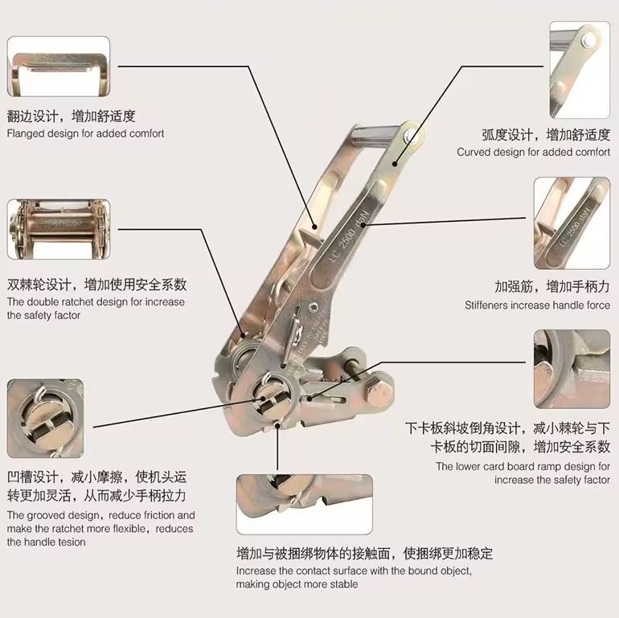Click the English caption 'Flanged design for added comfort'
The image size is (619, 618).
point(85,133)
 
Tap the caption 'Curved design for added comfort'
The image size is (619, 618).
point(534,152)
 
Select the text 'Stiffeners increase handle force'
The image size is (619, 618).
point(537,305)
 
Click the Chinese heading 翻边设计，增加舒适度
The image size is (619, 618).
point(71,116)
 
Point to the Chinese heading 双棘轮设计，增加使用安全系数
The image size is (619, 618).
point(96,284)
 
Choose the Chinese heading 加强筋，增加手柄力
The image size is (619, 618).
point(552,286)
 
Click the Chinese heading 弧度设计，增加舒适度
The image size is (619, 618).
point(546,133)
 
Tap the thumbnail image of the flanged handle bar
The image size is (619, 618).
point(58,67)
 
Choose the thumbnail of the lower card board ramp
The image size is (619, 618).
point(571,369)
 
